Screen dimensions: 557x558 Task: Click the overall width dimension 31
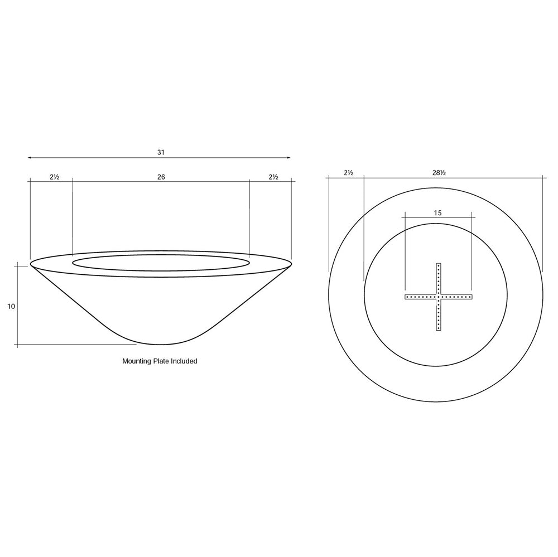161,152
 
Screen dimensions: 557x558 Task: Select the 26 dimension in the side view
161,177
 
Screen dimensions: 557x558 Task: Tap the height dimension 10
11,307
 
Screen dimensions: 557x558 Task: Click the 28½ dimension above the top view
439,173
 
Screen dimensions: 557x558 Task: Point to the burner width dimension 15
438,213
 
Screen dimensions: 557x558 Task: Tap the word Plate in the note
161,361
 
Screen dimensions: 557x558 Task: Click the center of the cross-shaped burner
439,297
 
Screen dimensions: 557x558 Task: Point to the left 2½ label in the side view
55,177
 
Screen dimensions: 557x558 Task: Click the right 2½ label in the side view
273,177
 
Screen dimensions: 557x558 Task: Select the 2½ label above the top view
348,173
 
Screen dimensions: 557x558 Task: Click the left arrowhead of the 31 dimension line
30,158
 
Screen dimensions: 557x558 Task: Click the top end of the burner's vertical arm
439,264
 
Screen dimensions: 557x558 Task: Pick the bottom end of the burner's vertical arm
439,330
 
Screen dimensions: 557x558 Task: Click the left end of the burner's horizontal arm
406,297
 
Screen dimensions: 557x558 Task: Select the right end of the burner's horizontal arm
472,297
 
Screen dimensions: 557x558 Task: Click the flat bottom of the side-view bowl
161,344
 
